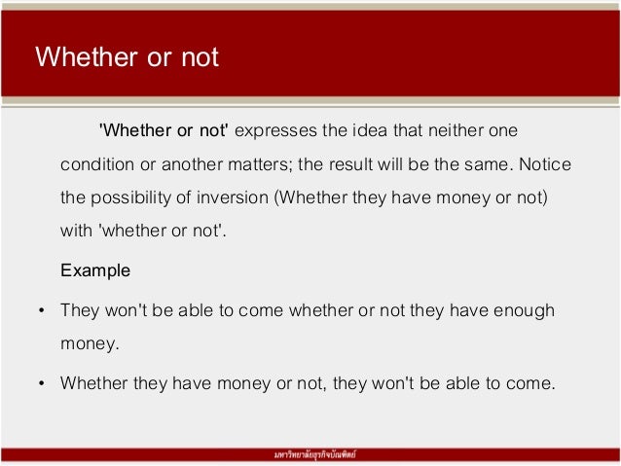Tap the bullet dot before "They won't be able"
point(40,311)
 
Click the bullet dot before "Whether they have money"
point(40,383)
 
